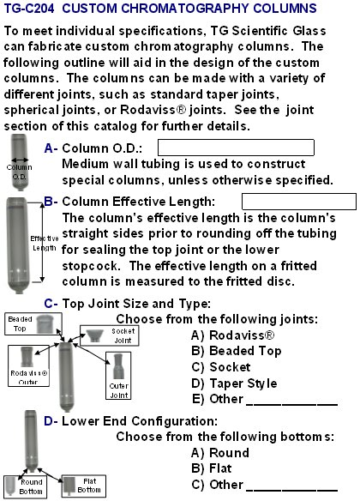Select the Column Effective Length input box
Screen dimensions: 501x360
[299, 201]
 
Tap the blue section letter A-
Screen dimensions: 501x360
[51, 148]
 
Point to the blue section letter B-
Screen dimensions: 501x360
[50, 201]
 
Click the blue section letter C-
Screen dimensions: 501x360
[51, 304]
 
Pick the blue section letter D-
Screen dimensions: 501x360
[51, 420]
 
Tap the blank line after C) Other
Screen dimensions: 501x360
[291, 486]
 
